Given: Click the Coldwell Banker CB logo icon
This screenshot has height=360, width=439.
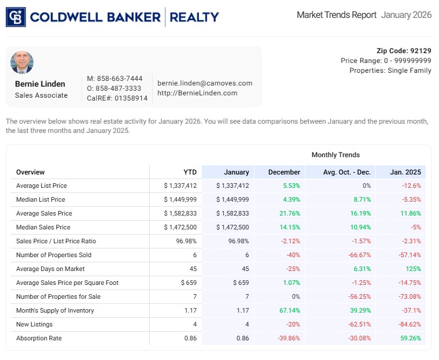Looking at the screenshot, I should pos(16,17).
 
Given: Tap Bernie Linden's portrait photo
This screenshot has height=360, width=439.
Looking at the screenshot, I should pos(22,63).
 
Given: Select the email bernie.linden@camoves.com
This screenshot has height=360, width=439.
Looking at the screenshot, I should pos(205,83).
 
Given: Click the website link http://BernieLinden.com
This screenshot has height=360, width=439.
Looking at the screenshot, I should pos(197,93).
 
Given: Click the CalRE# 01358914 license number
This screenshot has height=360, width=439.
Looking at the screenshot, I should pos(117,98).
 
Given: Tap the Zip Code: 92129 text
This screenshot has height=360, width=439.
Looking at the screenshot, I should pos(404,51).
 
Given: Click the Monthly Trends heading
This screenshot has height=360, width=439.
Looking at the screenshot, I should pos(335,155).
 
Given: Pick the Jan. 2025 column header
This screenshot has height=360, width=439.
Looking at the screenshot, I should pos(405,172).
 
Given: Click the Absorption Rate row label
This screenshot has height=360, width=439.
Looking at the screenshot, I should pos(39,338).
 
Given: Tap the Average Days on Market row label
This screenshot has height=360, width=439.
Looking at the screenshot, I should pos(50,269).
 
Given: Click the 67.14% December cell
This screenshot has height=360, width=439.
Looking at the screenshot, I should pos(289,310).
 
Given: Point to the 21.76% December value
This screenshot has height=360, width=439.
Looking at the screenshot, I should pos(289,213).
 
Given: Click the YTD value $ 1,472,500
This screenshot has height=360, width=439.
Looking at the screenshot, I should pos(180,227).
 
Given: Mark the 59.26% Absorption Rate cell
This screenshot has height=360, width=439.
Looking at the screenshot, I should pos(410,338).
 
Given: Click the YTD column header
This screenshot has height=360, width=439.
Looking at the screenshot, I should pos(190,172).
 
